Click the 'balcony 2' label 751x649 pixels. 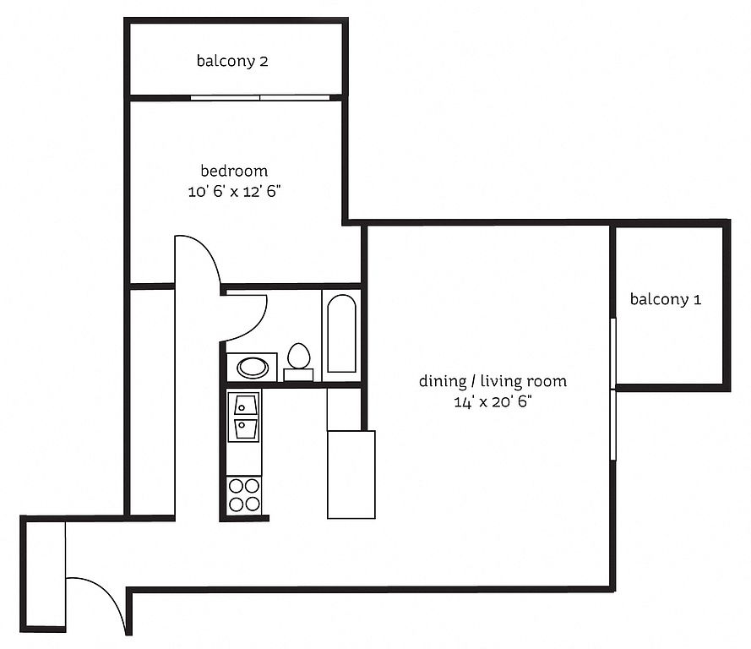coord(232,62)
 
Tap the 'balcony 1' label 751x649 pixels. coord(666,299)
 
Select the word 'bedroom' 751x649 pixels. coord(234,171)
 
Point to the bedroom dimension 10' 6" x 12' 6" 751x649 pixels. coord(234,192)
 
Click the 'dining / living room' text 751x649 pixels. coord(493,381)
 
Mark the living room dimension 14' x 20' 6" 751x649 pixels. coord(493,401)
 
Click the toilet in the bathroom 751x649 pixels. coord(298,362)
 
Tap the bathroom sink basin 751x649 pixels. coord(253,368)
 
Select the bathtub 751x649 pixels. coord(341,333)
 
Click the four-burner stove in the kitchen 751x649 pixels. coord(244,494)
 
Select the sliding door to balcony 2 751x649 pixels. coord(260,98)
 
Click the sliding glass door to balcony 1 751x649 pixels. coord(613,389)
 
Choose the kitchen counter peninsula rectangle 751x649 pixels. coord(351,474)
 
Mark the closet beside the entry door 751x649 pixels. coord(46,574)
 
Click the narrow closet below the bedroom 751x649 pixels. coord(152,402)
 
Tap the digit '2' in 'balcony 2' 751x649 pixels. coord(264,62)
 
